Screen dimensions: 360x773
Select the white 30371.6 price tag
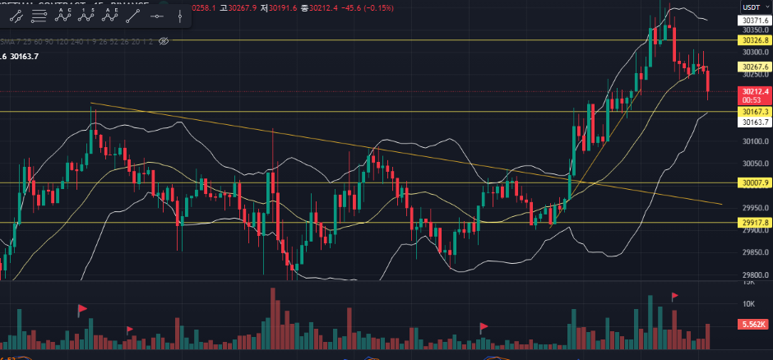(x=754, y=20)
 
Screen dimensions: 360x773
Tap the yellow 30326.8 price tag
(x=754, y=39)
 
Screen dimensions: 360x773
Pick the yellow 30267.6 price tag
(x=754, y=66)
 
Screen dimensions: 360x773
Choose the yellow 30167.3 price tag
(x=754, y=111)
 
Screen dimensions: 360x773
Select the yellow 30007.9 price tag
(x=754, y=182)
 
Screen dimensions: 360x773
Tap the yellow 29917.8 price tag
(x=754, y=222)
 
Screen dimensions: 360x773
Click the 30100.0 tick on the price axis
(x=753, y=141)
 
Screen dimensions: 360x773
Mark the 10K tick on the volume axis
(x=748, y=304)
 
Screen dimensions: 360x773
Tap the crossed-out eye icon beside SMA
(x=163, y=39)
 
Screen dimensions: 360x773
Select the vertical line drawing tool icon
(x=180, y=16)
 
